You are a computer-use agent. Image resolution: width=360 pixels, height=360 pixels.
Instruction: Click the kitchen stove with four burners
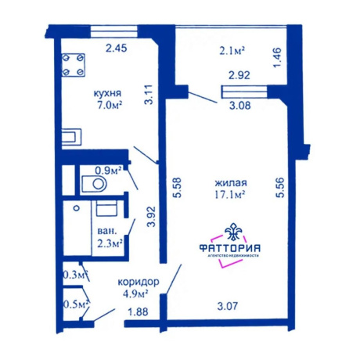pyautogui.click(x=74, y=65)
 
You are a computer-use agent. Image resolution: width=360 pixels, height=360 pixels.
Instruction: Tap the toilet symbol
pyautogui.click(x=95, y=184)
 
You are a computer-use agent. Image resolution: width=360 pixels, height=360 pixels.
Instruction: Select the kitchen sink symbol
pyautogui.click(x=71, y=137)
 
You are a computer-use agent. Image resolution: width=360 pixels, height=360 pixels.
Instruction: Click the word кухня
pyautogui.click(x=107, y=94)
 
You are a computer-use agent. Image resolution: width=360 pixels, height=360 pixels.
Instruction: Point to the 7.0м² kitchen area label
pyautogui.click(x=110, y=105)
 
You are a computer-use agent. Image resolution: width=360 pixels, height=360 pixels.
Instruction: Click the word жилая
pyautogui.click(x=231, y=183)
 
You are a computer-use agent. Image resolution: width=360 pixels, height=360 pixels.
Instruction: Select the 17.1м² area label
pyautogui.click(x=229, y=195)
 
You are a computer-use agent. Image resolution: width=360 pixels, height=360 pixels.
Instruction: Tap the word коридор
pyautogui.click(x=139, y=283)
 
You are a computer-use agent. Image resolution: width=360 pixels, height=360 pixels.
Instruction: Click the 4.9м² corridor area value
pyautogui.click(x=135, y=294)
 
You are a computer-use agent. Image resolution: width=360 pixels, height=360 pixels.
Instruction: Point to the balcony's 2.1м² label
pyautogui.click(x=232, y=51)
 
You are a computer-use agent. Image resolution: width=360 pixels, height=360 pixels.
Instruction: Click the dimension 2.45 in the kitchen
pyautogui.click(x=116, y=49)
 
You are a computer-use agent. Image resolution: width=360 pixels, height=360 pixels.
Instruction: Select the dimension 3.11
pyautogui.click(x=149, y=95)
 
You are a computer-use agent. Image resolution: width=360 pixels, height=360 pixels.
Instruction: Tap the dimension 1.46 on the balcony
pyautogui.click(x=277, y=58)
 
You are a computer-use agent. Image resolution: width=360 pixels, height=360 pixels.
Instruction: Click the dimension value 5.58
pyautogui.click(x=178, y=188)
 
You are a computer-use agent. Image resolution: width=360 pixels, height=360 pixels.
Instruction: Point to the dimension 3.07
pyautogui.click(x=228, y=306)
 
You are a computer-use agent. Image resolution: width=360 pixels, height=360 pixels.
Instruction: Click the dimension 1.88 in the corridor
pyautogui.click(x=138, y=312)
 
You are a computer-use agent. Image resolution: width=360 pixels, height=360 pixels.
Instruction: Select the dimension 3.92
pyautogui.click(x=151, y=217)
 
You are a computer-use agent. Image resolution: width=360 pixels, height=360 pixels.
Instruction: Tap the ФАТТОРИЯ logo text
pyautogui.click(x=229, y=248)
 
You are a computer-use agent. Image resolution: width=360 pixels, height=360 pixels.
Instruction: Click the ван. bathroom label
pyautogui.click(x=106, y=231)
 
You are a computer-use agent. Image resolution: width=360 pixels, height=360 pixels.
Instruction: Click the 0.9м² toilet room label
pyautogui.click(x=108, y=171)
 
